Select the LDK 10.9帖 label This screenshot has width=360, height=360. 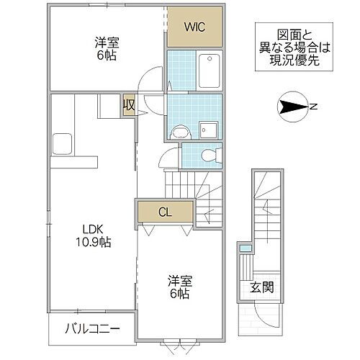pos(93,235)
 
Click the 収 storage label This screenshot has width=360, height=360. pos(128,105)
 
